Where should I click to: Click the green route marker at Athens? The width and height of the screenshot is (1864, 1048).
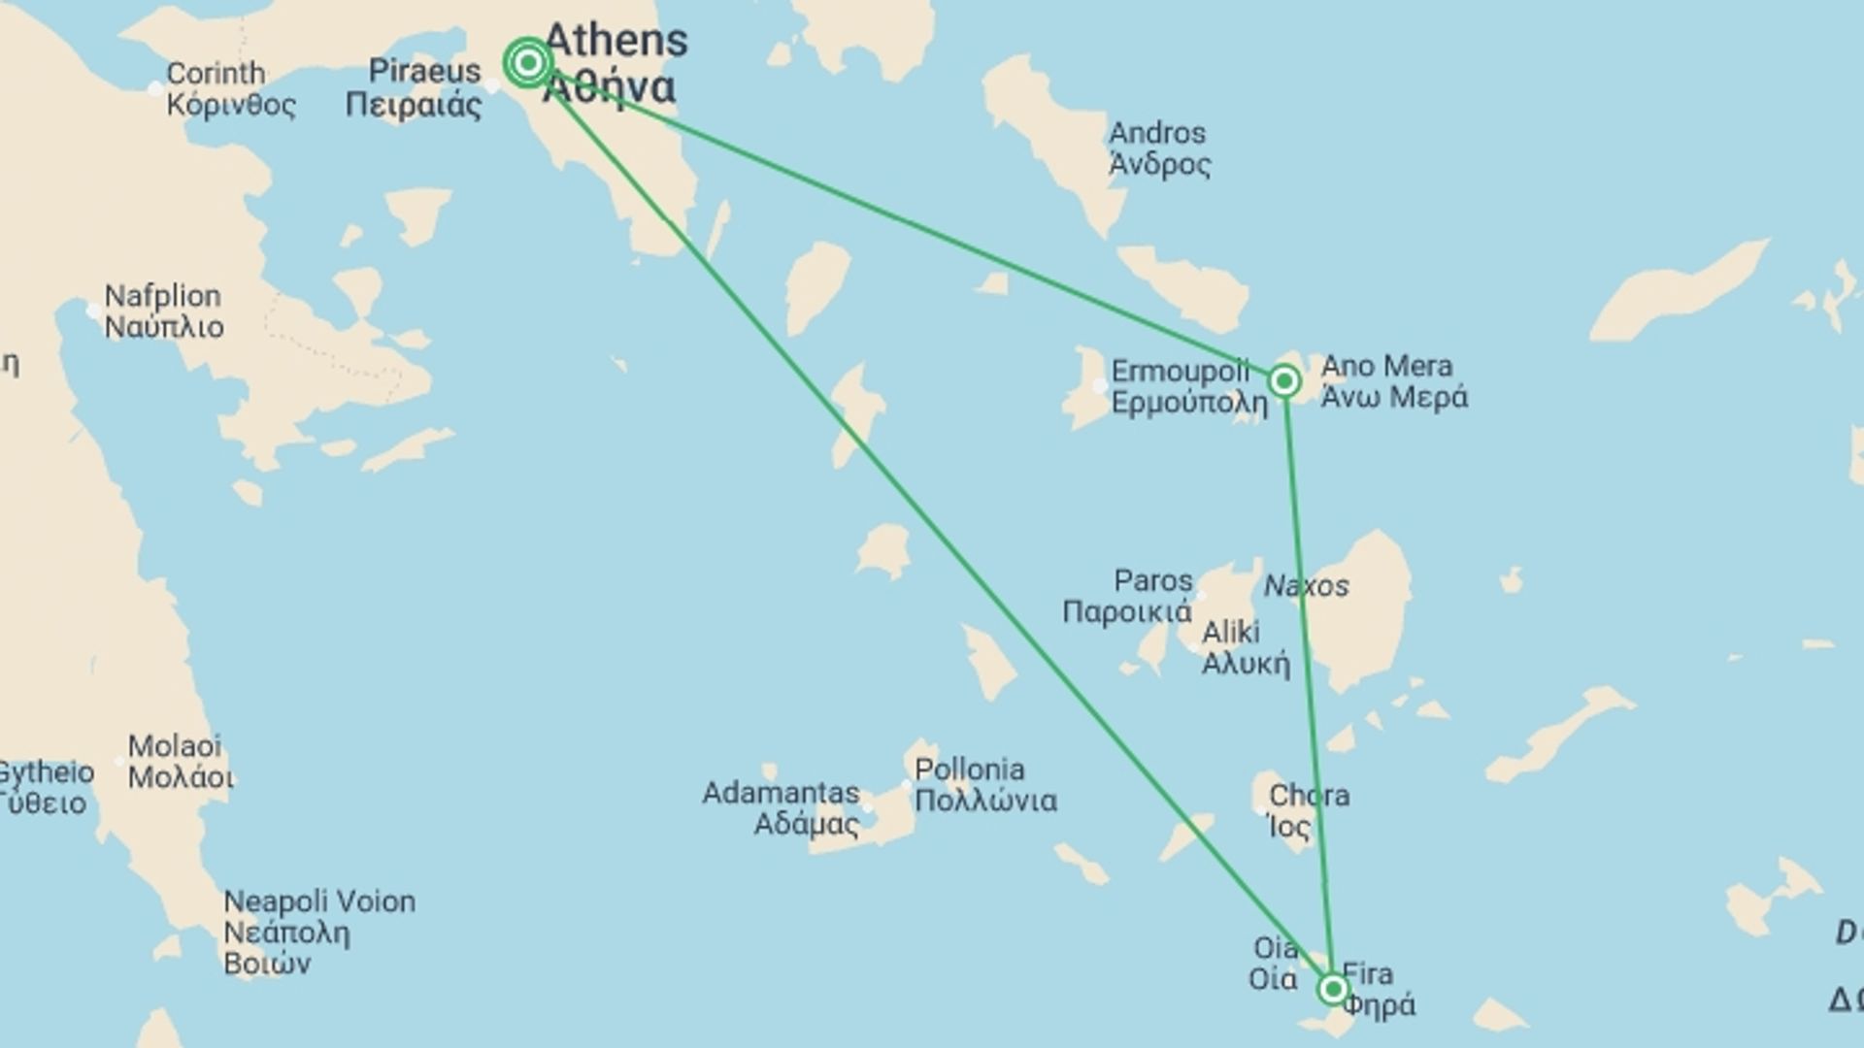pos(527,63)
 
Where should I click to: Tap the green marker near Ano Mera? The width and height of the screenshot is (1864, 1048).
pos(1283,381)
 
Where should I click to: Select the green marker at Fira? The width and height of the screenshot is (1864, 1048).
pos(1333,989)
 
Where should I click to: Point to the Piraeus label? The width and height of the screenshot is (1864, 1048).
pos(424,72)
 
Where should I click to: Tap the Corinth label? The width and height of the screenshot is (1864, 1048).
pos(216,74)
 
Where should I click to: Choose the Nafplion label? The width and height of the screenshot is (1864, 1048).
pos(163,296)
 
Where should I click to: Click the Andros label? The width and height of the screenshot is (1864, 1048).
pos(1157,134)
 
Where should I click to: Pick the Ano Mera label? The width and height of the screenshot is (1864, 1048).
pos(1386,367)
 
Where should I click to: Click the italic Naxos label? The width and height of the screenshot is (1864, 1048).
pos(1306,586)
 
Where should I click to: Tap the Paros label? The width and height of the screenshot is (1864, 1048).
pos(1152,581)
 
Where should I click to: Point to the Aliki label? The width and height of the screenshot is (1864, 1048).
pos(1231,633)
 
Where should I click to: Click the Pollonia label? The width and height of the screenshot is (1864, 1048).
pos(969,770)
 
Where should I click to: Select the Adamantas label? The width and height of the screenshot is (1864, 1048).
pos(781,794)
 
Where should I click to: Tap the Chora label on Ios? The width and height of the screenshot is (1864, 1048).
pos(1309,796)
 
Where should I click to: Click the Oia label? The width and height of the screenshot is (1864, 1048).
pos(1276,948)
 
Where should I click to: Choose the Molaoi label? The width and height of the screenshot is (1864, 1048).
pos(175,746)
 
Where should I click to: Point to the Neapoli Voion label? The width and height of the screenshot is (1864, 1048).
pos(319,901)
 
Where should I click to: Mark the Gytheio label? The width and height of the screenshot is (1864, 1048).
pos(45,773)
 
